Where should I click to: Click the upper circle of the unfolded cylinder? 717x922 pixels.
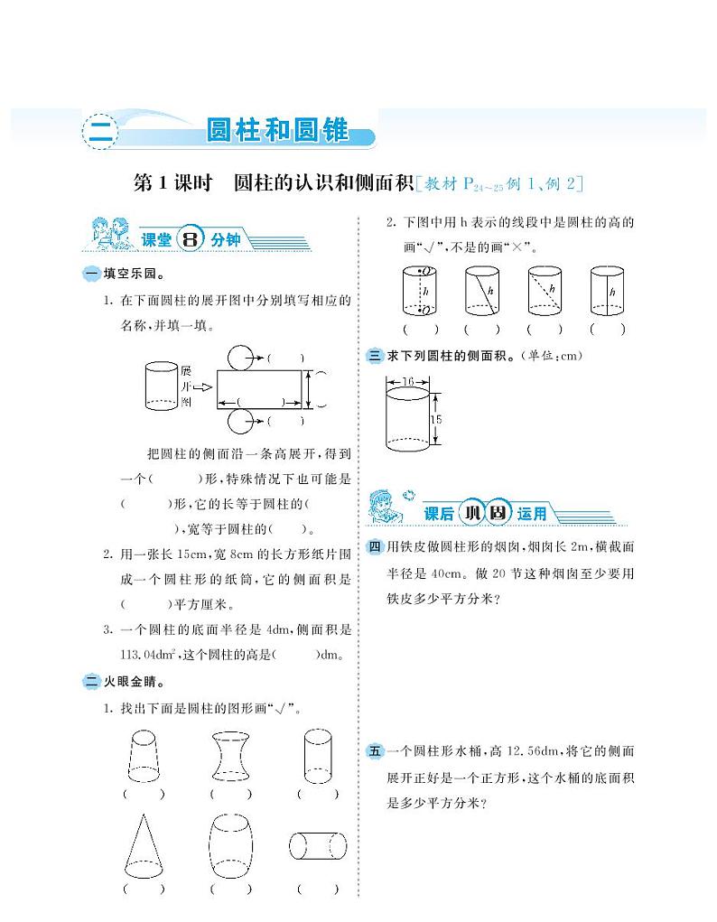pyautogui.click(x=242, y=358)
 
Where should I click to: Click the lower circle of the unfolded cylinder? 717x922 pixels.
pyautogui.click(x=242, y=420)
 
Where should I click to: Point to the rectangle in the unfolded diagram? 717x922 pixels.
pyautogui.click(x=261, y=388)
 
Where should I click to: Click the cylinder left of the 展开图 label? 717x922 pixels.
pyautogui.click(x=162, y=386)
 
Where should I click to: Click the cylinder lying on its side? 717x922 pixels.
pyautogui.click(x=318, y=846)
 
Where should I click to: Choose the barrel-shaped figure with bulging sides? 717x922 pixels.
pyautogui.click(x=229, y=846)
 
